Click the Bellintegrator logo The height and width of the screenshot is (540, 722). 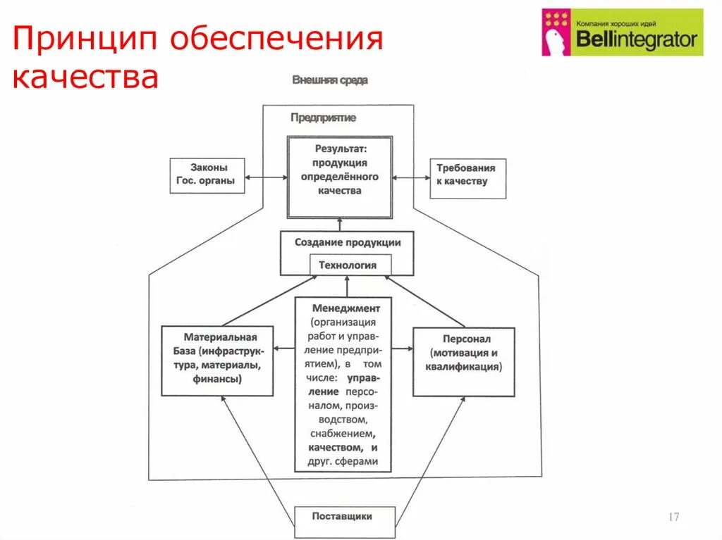pyautogui.click(x=623, y=32)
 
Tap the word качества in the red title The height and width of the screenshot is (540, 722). pyautogui.click(x=85, y=76)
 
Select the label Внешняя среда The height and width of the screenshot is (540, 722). pyautogui.click(x=329, y=80)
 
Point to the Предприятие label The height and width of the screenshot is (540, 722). pyautogui.click(x=323, y=118)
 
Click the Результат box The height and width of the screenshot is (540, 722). pyautogui.click(x=339, y=177)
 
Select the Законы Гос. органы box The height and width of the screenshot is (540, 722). pyautogui.click(x=208, y=175)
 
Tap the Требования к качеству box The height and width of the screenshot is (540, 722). pyautogui.click(x=467, y=177)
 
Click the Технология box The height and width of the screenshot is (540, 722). pyautogui.click(x=348, y=265)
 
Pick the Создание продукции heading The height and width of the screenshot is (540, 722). pyautogui.click(x=347, y=243)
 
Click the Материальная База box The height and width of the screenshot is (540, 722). pyautogui.click(x=216, y=360)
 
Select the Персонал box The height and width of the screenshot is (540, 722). pyautogui.click(x=463, y=360)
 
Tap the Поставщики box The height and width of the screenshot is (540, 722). pyautogui.click(x=343, y=517)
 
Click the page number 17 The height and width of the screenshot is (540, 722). pyautogui.click(x=673, y=517)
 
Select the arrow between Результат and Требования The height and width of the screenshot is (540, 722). pyautogui.click(x=411, y=177)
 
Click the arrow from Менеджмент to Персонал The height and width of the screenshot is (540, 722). pyautogui.click(x=402, y=348)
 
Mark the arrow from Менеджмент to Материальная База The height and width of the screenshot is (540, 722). pyautogui.click(x=283, y=348)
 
